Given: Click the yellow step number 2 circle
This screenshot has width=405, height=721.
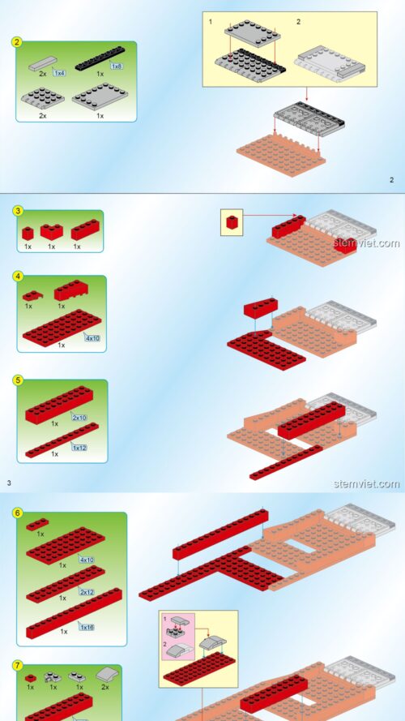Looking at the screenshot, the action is pyautogui.click(x=16, y=42).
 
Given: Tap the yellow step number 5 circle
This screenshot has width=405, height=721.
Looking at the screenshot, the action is pyautogui.click(x=18, y=380).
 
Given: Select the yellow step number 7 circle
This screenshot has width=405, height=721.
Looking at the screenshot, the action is pyautogui.click(x=18, y=665).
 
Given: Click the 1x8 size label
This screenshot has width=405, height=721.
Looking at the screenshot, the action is pyautogui.click(x=117, y=67).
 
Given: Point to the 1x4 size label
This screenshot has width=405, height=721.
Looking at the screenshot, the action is pyautogui.click(x=59, y=73).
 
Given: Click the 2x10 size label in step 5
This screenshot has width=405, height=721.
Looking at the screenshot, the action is pyautogui.click(x=79, y=418).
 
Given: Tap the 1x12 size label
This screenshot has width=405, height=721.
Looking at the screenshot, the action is pyautogui.click(x=79, y=448).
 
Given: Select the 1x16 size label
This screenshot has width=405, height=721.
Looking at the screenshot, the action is pyautogui.click(x=87, y=627).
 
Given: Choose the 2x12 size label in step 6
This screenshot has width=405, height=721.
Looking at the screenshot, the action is pyautogui.click(x=87, y=592).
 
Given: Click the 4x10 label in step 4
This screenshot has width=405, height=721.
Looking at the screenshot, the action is pyautogui.click(x=92, y=338).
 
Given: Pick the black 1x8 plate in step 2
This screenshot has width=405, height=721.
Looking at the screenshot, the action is pyautogui.click(x=100, y=58).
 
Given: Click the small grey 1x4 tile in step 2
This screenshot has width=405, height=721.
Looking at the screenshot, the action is pyautogui.click(x=43, y=63).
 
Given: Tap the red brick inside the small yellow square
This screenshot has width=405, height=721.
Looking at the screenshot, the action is pyautogui.click(x=232, y=222).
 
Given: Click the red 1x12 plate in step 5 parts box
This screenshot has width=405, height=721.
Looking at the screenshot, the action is pyautogui.click(x=62, y=440).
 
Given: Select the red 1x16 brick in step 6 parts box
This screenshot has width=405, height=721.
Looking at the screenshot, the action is pyautogui.click(x=74, y=613).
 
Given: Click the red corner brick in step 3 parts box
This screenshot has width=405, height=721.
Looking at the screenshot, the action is pyautogui.click(x=51, y=232).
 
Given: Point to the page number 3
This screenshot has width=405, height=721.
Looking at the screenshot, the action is pyautogui.click(x=9, y=483).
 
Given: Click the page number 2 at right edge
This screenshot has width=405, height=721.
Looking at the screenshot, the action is pyautogui.click(x=392, y=180).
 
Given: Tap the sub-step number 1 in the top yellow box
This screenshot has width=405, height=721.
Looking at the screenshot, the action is pyautogui.click(x=211, y=22).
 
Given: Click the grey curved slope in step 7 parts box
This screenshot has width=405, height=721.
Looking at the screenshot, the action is pyautogui.click(x=107, y=675).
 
